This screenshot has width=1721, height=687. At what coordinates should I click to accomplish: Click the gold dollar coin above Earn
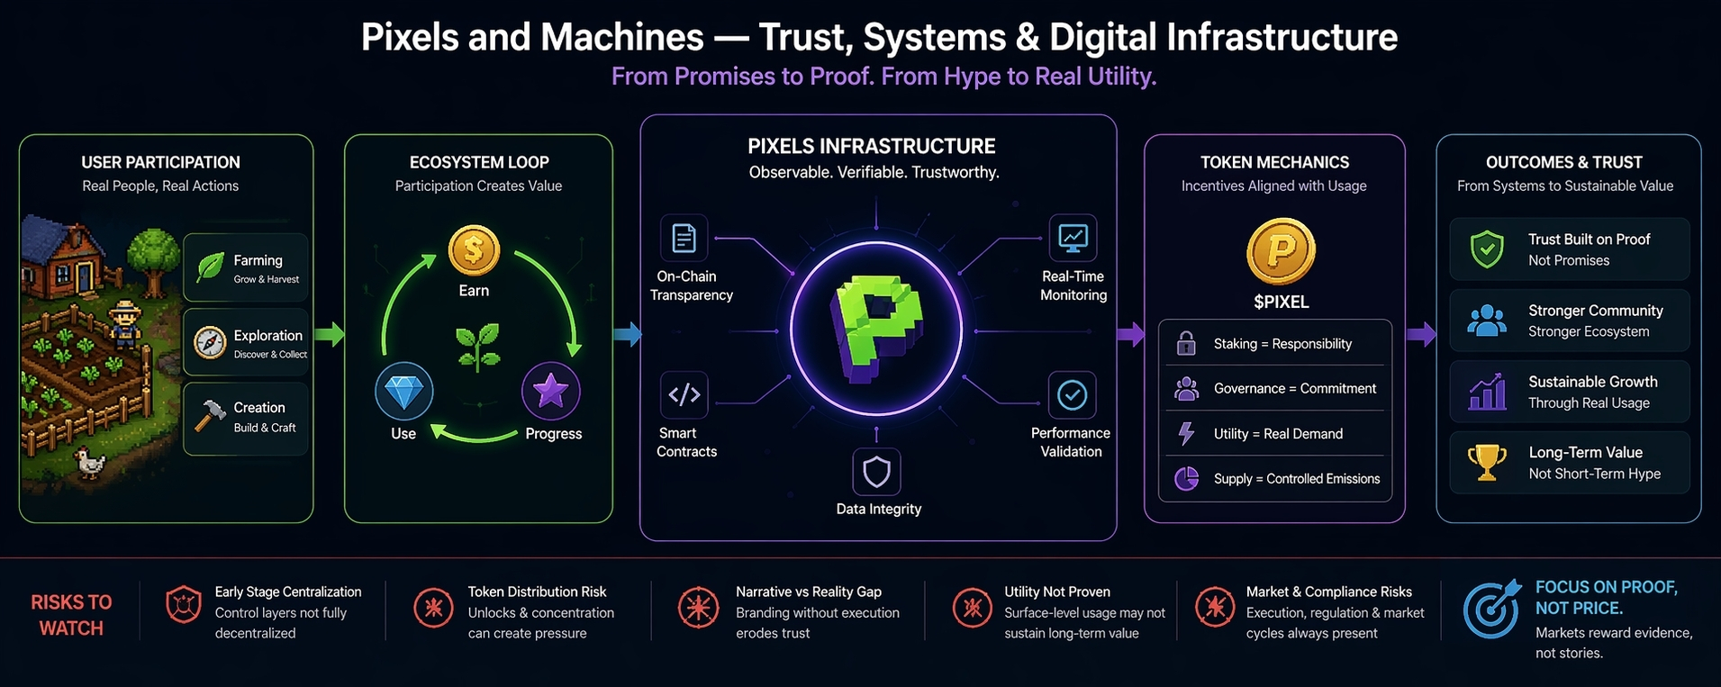[474, 250]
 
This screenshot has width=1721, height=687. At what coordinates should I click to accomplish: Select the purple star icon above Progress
[550, 392]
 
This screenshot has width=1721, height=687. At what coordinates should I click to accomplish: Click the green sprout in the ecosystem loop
[478, 347]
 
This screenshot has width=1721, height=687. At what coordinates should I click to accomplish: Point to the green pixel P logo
[875, 330]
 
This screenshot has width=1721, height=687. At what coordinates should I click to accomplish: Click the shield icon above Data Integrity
[876, 472]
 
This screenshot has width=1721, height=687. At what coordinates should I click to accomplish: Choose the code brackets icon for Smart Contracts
[684, 394]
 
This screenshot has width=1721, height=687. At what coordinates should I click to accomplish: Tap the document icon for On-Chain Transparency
[684, 238]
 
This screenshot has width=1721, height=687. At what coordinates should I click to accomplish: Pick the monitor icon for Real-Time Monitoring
[1073, 238]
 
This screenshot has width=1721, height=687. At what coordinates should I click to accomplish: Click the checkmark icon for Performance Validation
[1072, 394]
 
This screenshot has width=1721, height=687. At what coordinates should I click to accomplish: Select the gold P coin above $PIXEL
[1281, 251]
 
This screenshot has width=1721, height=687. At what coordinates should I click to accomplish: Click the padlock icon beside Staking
[1186, 343]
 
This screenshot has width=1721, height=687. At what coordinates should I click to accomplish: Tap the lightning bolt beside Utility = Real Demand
[1186, 434]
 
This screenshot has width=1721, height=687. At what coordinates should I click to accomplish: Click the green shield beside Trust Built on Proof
[1486, 249]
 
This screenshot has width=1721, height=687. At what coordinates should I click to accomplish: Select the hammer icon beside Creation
[211, 417]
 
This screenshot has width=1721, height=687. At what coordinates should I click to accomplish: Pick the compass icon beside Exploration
[210, 343]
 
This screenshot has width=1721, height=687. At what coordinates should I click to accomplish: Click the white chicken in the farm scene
[90, 463]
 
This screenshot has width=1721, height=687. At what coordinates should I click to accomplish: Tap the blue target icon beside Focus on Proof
[1491, 609]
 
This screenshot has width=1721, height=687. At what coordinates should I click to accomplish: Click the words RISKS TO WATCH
[71, 615]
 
